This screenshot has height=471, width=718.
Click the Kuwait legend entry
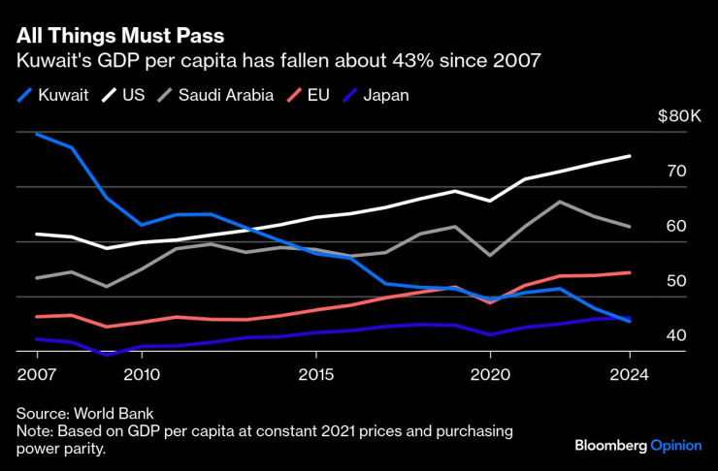click(x=54, y=95)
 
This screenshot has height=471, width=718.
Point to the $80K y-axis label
click(x=679, y=116)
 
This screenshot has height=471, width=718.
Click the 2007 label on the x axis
click(x=36, y=373)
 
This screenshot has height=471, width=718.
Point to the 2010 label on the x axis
click(x=141, y=373)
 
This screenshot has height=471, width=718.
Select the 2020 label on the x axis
click(x=490, y=373)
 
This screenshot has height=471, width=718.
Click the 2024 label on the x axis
click(x=630, y=373)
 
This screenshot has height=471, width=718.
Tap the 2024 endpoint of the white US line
click(x=630, y=156)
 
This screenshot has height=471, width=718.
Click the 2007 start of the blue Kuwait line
click(x=36, y=134)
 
